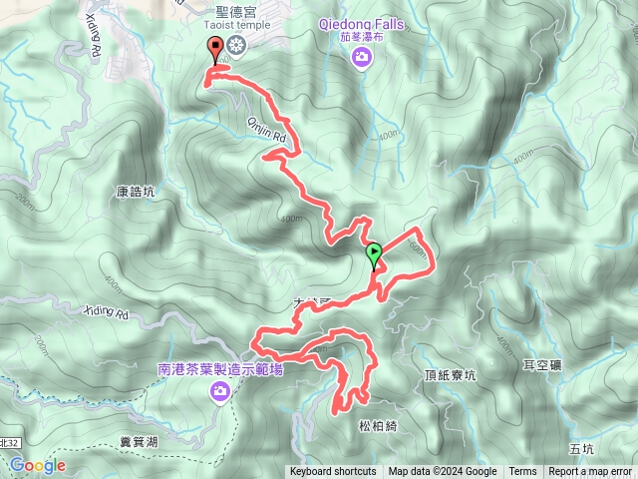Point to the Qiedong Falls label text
tap(361, 22)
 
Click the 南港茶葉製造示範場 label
tap(220, 368)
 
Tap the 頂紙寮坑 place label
tap(452, 375)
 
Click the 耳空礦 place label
tap(542, 365)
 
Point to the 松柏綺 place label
tap(378, 424)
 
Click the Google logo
tap(38, 465)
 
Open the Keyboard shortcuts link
tap(333, 472)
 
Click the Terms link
tap(522, 472)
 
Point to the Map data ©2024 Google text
tap(443, 472)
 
